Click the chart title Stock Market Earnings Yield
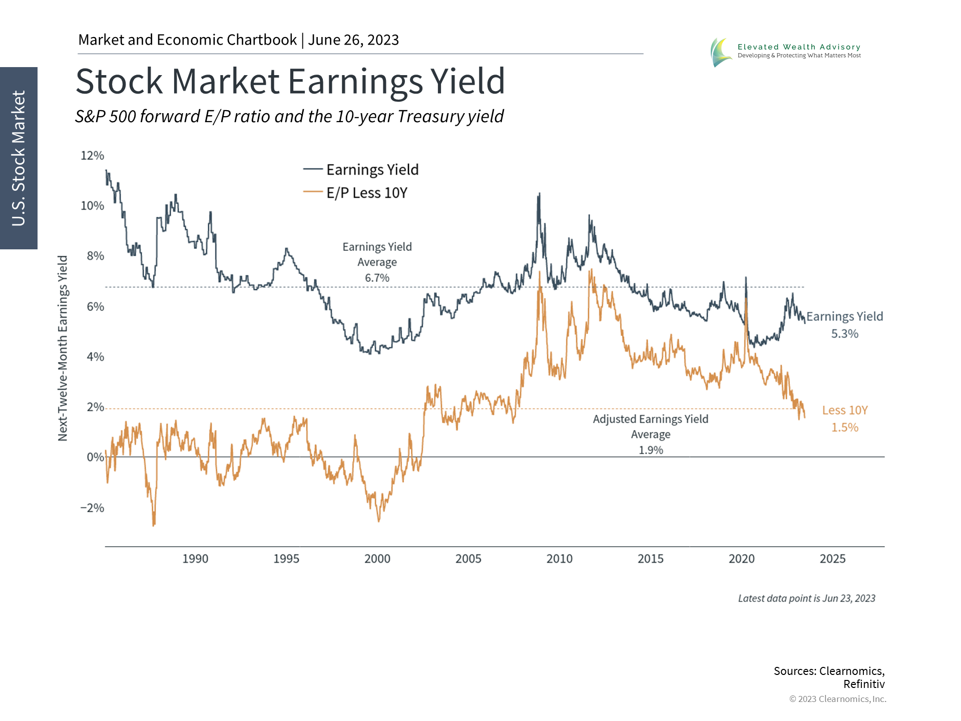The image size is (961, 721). (x=290, y=82)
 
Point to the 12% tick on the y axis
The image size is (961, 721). (x=93, y=156)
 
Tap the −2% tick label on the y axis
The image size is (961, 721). (x=93, y=508)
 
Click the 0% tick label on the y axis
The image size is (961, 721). (x=95, y=457)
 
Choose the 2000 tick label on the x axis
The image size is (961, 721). (x=377, y=559)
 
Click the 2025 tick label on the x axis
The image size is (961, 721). (x=832, y=559)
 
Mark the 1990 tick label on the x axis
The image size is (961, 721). (x=195, y=559)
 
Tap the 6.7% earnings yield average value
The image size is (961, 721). (x=377, y=278)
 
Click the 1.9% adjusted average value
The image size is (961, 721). (x=651, y=450)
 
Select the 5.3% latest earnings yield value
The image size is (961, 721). (x=845, y=334)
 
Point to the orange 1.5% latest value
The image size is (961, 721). (x=845, y=428)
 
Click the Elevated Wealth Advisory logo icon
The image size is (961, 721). (x=721, y=52)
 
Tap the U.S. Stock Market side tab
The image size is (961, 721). (x=19, y=158)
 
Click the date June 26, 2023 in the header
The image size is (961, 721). (x=353, y=40)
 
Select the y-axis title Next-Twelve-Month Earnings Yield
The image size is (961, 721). (x=63, y=348)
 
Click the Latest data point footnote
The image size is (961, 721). (x=806, y=598)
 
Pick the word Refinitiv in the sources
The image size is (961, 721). (x=864, y=684)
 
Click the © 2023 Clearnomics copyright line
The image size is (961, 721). (x=837, y=699)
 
